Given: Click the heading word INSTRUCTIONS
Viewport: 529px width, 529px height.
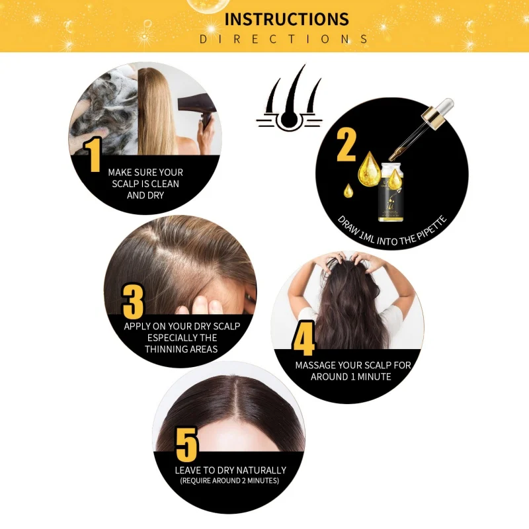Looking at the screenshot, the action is (x=286, y=19).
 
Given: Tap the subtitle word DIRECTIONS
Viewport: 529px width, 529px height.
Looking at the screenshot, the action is (x=284, y=39).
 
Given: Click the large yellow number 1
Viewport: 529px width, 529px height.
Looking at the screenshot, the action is (x=93, y=155).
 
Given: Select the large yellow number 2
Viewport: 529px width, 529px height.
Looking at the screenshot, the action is (x=346, y=145).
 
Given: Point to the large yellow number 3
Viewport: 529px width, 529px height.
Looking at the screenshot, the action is (x=133, y=302).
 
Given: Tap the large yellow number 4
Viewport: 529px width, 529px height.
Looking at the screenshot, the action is (x=304, y=339).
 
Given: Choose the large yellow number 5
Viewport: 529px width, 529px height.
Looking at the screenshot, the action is (x=186, y=444).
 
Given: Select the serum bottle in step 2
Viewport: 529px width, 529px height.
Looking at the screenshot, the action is (x=391, y=192).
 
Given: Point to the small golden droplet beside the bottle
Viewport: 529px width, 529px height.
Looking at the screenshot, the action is (x=348, y=190).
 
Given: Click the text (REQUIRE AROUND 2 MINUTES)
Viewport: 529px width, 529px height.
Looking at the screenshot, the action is (x=229, y=481).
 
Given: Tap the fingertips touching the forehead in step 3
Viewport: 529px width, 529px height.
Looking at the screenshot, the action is (x=200, y=305).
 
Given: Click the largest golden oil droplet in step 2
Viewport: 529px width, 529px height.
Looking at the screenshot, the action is (x=369, y=169).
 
